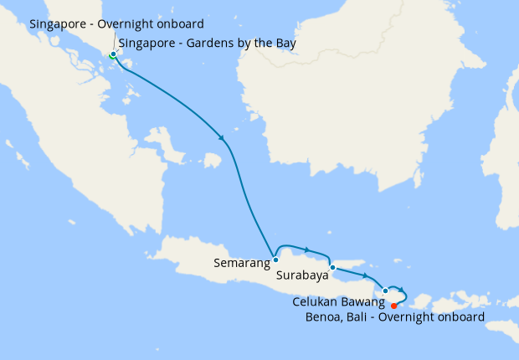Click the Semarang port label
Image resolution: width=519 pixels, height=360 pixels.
[x=241, y=263]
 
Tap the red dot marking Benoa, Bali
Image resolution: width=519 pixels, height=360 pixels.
[x=393, y=306]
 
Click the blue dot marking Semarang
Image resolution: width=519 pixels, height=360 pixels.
[x=275, y=260]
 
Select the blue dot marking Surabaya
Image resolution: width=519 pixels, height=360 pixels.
[x=332, y=268]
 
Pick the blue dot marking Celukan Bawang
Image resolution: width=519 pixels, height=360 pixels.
[x=385, y=291]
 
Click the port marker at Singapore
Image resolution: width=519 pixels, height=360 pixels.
[x=113, y=54]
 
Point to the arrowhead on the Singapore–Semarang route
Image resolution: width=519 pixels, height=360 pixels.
[x=222, y=137]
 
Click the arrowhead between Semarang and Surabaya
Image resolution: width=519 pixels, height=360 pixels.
[x=307, y=249]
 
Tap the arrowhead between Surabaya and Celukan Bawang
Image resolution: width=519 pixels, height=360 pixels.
[x=366, y=275]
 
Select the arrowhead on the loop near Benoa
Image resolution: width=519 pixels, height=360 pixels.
[x=403, y=290]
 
